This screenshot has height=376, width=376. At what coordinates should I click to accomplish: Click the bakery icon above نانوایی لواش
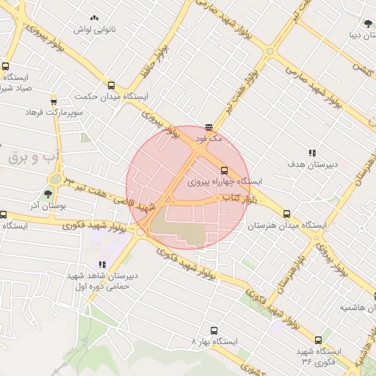coord(93,18)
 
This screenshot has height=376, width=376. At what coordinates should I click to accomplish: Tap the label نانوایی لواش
coord(93,29)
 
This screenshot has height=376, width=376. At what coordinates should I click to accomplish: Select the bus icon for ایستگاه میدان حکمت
coord(111,85)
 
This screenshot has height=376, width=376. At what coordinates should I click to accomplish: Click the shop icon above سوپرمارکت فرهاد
coord(54,101)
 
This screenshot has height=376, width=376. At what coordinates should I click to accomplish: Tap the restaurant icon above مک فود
coord(209,126)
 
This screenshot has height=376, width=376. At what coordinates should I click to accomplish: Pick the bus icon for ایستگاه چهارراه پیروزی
coord(225,170)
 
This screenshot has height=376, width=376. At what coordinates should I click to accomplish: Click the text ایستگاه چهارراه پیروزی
coord(225,181)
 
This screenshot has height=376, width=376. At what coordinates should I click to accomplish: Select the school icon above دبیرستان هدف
coord(312,153)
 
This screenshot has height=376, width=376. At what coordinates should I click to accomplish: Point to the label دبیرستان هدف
coord(312,164)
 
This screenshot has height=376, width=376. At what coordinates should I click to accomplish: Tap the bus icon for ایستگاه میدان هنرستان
coord(286,214)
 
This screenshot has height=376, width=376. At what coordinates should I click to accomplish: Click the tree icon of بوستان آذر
coord(48,195)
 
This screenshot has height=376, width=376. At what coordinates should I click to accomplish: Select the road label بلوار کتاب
coord(240,198)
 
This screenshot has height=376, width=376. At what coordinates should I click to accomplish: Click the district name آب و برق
coord(34,158)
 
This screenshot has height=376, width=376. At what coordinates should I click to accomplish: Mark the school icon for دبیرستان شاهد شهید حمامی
coord(102,265)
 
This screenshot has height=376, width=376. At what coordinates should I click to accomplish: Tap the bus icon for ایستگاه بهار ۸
coord(214,331)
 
